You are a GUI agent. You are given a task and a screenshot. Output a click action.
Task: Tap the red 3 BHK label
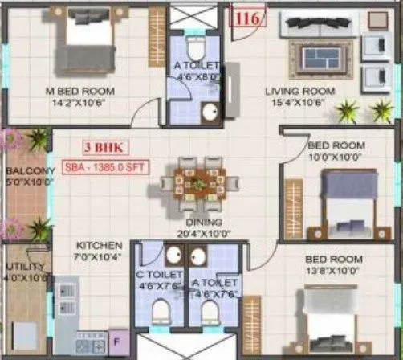(103, 148)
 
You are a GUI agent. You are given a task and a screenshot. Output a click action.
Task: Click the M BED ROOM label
(80, 90)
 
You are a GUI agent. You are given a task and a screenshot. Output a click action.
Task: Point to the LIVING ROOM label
(299, 90)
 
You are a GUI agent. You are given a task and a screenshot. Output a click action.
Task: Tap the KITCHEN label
(99, 245)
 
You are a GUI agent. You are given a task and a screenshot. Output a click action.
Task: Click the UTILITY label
(23, 266)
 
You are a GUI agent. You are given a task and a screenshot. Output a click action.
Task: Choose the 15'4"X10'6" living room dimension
(299, 102)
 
